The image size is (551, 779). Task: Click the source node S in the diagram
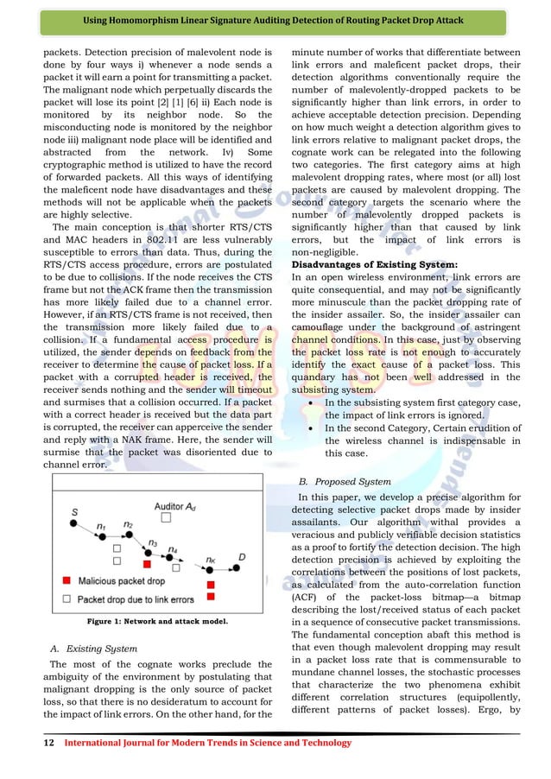click(x=74, y=520)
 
